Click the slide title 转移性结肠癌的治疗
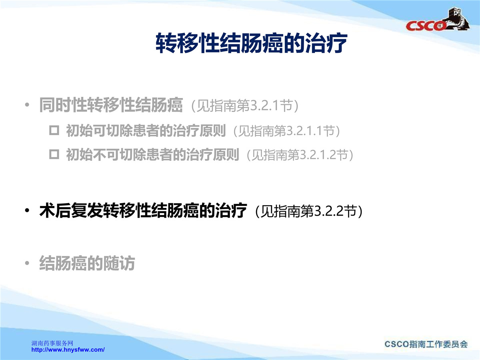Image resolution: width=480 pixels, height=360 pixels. (252, 43)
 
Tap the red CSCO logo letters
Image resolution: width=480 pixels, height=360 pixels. (425, 26)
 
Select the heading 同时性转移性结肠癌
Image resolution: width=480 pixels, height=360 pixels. (111, 105)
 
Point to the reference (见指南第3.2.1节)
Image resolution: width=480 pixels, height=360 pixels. (245, 106)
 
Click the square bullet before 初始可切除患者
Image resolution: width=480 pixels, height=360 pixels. (54, 130)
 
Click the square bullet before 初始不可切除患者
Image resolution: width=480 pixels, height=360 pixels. (54, 154)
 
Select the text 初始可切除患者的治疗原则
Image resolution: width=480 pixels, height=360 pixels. (146, 131)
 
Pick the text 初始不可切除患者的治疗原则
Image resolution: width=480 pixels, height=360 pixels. (152, 154)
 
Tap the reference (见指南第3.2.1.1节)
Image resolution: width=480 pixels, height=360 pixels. (287, 131)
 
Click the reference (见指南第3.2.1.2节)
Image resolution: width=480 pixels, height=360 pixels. (300, 155)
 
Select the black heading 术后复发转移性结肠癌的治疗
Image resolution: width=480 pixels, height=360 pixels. (143, 210)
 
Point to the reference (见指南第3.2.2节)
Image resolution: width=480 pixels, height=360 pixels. (309, 211)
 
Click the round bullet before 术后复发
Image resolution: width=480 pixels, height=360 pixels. (27, 210)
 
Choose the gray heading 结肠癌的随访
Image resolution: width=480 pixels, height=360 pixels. (87, 263)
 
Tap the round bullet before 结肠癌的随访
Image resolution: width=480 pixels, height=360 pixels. (27, 263)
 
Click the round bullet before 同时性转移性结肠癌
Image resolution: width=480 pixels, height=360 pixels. (27, 105)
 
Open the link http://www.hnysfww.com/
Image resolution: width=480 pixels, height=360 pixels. (68, 350)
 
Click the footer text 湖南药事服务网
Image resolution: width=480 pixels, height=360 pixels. (52, 343)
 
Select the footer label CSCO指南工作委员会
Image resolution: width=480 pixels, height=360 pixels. (426, 344)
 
